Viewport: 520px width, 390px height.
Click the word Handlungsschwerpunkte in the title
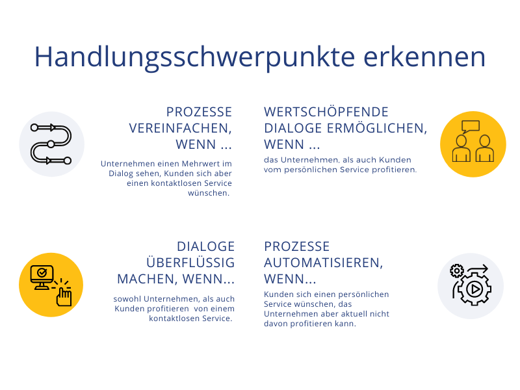click(x=194, y=58)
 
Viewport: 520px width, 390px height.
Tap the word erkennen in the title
click(x=424, y=57)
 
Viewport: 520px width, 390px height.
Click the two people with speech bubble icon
click(x=473, y=141)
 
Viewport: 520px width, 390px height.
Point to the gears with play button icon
click(x=471, y=285)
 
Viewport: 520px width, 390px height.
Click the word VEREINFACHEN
click(x=181, y=128)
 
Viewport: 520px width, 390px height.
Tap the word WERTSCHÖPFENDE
click(x=326, y=112)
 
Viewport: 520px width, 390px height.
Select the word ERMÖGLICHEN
click(x=377, y=128)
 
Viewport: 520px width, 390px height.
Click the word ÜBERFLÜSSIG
click(x=190, y=262)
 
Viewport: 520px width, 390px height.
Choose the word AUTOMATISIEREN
click(x=323, y=263)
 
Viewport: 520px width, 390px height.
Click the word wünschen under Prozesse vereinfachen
click(x=209, y=192)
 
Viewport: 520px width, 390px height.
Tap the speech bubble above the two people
click(x=471, y=126)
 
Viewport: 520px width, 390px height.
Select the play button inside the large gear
click(x=475, y=289)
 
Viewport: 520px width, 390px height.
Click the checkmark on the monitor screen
click(x=42, y=272)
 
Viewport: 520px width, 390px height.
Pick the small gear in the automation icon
click(x=457, y=271)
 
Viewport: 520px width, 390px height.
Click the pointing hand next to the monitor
click(x=64, y=296)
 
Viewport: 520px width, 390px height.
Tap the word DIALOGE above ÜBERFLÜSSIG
click(x=205, y=246)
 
